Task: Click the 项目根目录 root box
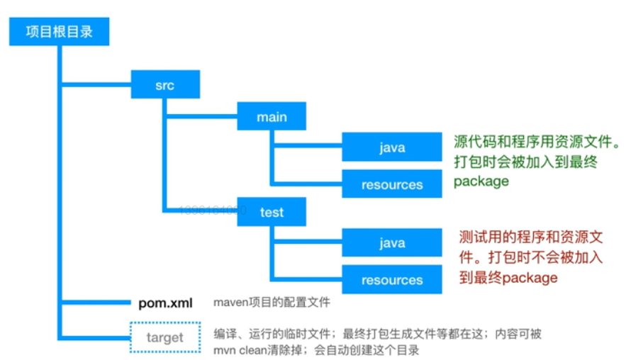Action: point(60,32)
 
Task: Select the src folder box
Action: point(164,86)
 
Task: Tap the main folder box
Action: point(272,117)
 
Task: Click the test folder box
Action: point(272,212)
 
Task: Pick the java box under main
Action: point(391,147)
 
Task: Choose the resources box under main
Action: point(391,185)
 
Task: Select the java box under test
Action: point(391,243)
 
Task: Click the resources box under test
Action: point(391,280)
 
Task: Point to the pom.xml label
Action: point(165,303)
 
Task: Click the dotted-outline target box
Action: point(164,337)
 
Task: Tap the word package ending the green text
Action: point(481,181)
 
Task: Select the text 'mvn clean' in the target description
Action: point(239,349)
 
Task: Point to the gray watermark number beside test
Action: point(213,210)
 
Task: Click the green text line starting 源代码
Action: point(537,142)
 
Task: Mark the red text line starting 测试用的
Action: point(530,237)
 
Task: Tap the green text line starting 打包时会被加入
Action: point(525,162)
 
